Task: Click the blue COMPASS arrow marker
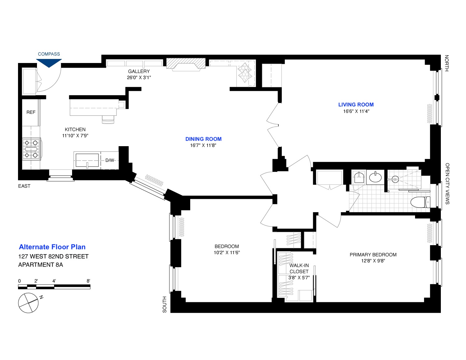click(x=49, y=63)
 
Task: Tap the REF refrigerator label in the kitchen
click(x=31, y=112)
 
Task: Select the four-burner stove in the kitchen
click(x=31, y=149)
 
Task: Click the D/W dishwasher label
click(x=110, y=160)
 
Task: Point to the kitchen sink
click(x=87, y=160)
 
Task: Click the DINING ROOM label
click(x=203, y=139)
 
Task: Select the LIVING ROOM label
click(x=356, y=105)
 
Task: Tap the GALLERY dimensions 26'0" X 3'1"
click(x=139, y=78)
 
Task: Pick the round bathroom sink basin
click(x=375, y=178)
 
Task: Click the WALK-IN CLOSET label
click(x=299, y=268)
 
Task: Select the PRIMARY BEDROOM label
click(x=373, y=255)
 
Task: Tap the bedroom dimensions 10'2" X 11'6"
click(x=226, y=253)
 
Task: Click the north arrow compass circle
click(x=28, y=303)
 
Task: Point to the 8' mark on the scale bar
click(x=89, y=281)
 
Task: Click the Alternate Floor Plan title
click(x=52, y=247)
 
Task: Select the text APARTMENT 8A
click(x=41, y=265)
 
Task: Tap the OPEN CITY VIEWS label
click(x=447, y=183)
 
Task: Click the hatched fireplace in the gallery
click(x=186, y=64)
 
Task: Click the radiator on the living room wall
click(x=430, y=114)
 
